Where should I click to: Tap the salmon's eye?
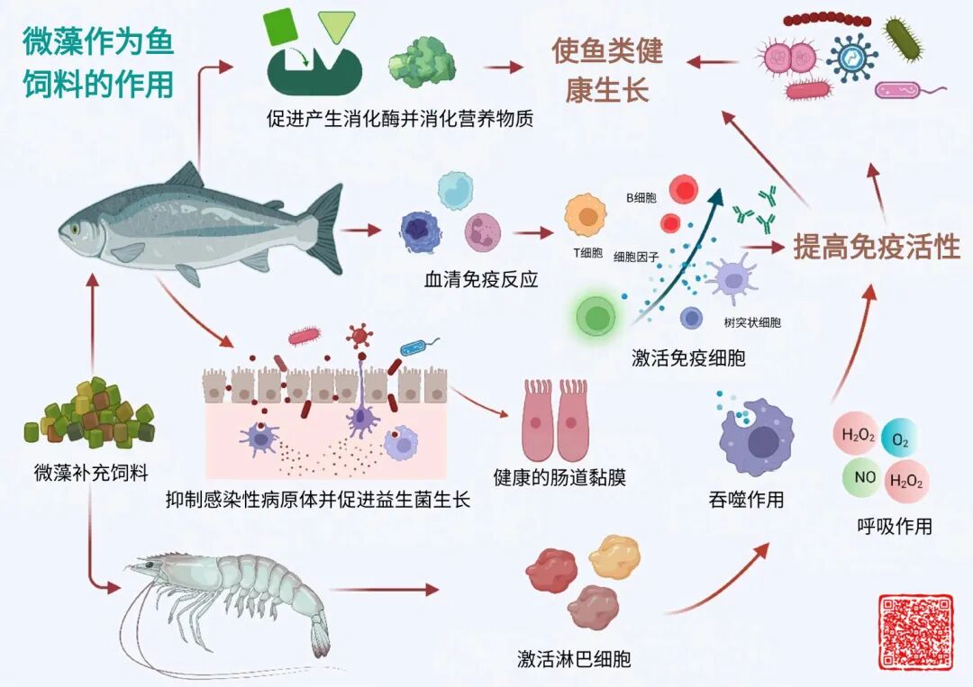(76, 229)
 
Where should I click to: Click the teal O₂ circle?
(900, 440)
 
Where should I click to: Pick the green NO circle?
(862, 477)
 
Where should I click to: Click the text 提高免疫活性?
(876, 247)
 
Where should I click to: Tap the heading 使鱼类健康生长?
(607, 70)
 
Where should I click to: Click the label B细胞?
(641, 196)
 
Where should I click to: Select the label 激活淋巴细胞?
(574, 659)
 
